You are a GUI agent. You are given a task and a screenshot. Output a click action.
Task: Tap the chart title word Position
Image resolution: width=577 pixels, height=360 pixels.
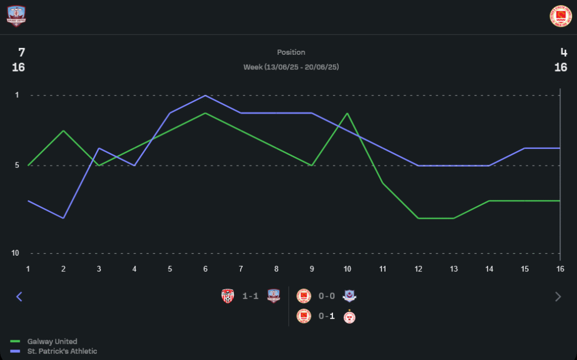point(291,52)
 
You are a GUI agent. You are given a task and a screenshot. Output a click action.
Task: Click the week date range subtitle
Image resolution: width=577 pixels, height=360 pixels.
point(291,67)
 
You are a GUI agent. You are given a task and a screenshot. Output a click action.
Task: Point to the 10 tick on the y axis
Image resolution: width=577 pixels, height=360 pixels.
point(16,253)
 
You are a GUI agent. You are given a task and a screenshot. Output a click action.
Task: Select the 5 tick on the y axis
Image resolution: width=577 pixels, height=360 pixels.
point(16,166)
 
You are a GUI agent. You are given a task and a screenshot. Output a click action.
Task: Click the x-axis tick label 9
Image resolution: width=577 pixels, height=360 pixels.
point(312,269)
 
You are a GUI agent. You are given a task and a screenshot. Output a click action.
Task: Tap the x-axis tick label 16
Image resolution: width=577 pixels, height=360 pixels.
point(560,269)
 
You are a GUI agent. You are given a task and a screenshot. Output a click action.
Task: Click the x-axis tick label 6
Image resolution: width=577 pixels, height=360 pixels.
point(205,269)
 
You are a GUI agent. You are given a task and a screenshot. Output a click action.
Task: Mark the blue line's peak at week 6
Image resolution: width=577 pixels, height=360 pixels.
point(205,95)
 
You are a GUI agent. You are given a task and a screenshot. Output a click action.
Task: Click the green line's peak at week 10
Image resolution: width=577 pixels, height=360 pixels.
point(347,113)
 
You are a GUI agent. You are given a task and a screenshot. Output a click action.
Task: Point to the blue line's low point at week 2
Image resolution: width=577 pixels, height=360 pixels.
point(63,218)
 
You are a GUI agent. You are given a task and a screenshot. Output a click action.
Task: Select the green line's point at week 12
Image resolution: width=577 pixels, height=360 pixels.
point(418,218)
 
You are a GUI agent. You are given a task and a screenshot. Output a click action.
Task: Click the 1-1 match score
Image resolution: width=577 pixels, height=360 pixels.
point(250,296)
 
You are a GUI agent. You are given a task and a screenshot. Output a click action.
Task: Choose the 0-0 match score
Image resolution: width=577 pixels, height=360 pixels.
point(327,296)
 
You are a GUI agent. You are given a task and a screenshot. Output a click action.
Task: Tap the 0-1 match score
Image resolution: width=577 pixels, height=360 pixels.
point(327,317)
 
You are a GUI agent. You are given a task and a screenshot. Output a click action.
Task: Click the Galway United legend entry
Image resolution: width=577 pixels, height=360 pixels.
point(52,342)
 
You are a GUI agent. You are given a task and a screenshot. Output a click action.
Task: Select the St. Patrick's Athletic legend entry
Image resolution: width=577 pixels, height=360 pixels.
point(62,351)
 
